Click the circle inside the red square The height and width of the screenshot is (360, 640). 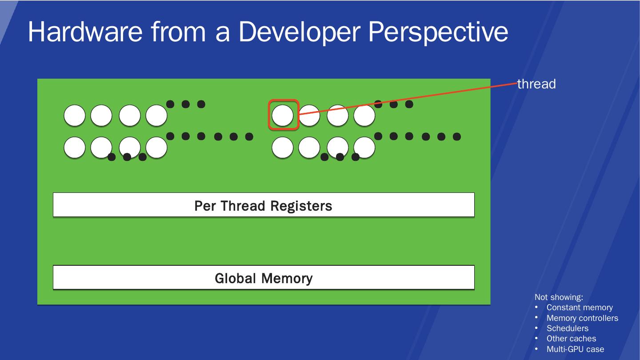[283, 116]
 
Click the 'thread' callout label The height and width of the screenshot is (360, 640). [536, 84]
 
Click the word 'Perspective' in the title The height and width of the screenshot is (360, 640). [437, 32]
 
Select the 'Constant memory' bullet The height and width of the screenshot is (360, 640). [580, 308]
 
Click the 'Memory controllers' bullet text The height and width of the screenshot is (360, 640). [582, 318]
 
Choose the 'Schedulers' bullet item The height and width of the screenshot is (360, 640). [568, 328]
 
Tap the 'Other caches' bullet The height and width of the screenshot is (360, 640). [571, 339]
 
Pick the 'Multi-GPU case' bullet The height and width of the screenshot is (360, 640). [575, 349]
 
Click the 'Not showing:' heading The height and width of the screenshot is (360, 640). [559, 297]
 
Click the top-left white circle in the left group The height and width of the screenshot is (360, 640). [75, 116]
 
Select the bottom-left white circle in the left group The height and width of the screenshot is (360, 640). [75, 148]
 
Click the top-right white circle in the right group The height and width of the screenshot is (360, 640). [364, 116]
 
